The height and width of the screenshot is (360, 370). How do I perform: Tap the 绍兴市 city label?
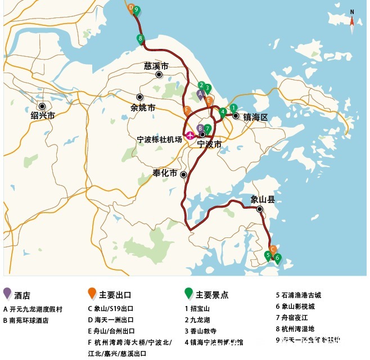[43, 115]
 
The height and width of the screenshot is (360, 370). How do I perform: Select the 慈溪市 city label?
[156, 66]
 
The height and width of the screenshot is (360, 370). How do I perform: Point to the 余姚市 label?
[142, 107]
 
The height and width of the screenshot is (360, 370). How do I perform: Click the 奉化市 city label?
[165, 173]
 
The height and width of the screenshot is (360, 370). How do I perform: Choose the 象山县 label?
[263, 199]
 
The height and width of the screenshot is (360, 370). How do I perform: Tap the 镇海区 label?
[255, 117]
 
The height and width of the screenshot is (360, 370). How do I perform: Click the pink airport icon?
[190, 135]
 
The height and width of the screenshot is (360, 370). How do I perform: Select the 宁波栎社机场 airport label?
[160, 139]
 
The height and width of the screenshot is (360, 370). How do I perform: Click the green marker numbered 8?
[140, 39]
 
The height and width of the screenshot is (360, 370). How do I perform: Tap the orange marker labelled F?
[187, 110]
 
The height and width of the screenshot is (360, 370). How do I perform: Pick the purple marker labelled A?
[200, 94]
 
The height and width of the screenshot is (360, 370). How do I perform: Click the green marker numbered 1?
[233, 108]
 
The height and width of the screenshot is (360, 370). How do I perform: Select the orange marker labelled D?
[131, 8]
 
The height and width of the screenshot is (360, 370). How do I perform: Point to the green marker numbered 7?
[207, 129]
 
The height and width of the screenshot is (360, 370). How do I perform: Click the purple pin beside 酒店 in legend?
[7, 293]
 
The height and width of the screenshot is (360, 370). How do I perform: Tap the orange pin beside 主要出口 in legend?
[92, 293]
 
